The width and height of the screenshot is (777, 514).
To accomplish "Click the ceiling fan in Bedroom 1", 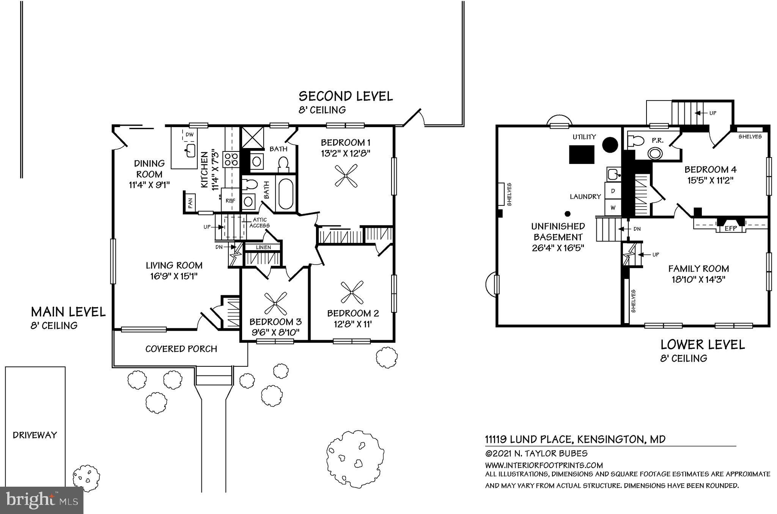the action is click(346, 175).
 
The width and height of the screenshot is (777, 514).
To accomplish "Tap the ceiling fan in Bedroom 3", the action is click(275, 303).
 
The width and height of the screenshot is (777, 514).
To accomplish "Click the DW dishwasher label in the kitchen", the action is click(189, 134).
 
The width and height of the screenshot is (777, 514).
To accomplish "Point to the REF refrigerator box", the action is click(230, 200).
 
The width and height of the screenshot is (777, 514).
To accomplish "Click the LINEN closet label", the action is click(263, 248).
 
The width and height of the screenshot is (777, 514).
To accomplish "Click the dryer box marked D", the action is click(613, 191).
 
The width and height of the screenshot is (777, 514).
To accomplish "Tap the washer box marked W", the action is click(613, 208).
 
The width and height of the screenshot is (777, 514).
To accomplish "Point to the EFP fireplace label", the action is click(730, 229).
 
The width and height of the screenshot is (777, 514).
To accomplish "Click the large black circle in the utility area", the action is click(610, 145).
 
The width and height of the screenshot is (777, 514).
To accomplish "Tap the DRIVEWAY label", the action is click(35, 435).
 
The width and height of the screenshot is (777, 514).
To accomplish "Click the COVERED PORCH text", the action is click(181, 349).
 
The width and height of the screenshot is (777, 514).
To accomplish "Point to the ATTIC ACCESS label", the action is click(260, 222).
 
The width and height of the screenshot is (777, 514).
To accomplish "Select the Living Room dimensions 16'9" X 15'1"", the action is click(174, 276).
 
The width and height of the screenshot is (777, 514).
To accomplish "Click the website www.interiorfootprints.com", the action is click(544, 465).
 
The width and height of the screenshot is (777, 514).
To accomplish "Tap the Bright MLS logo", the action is click(42, 500).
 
